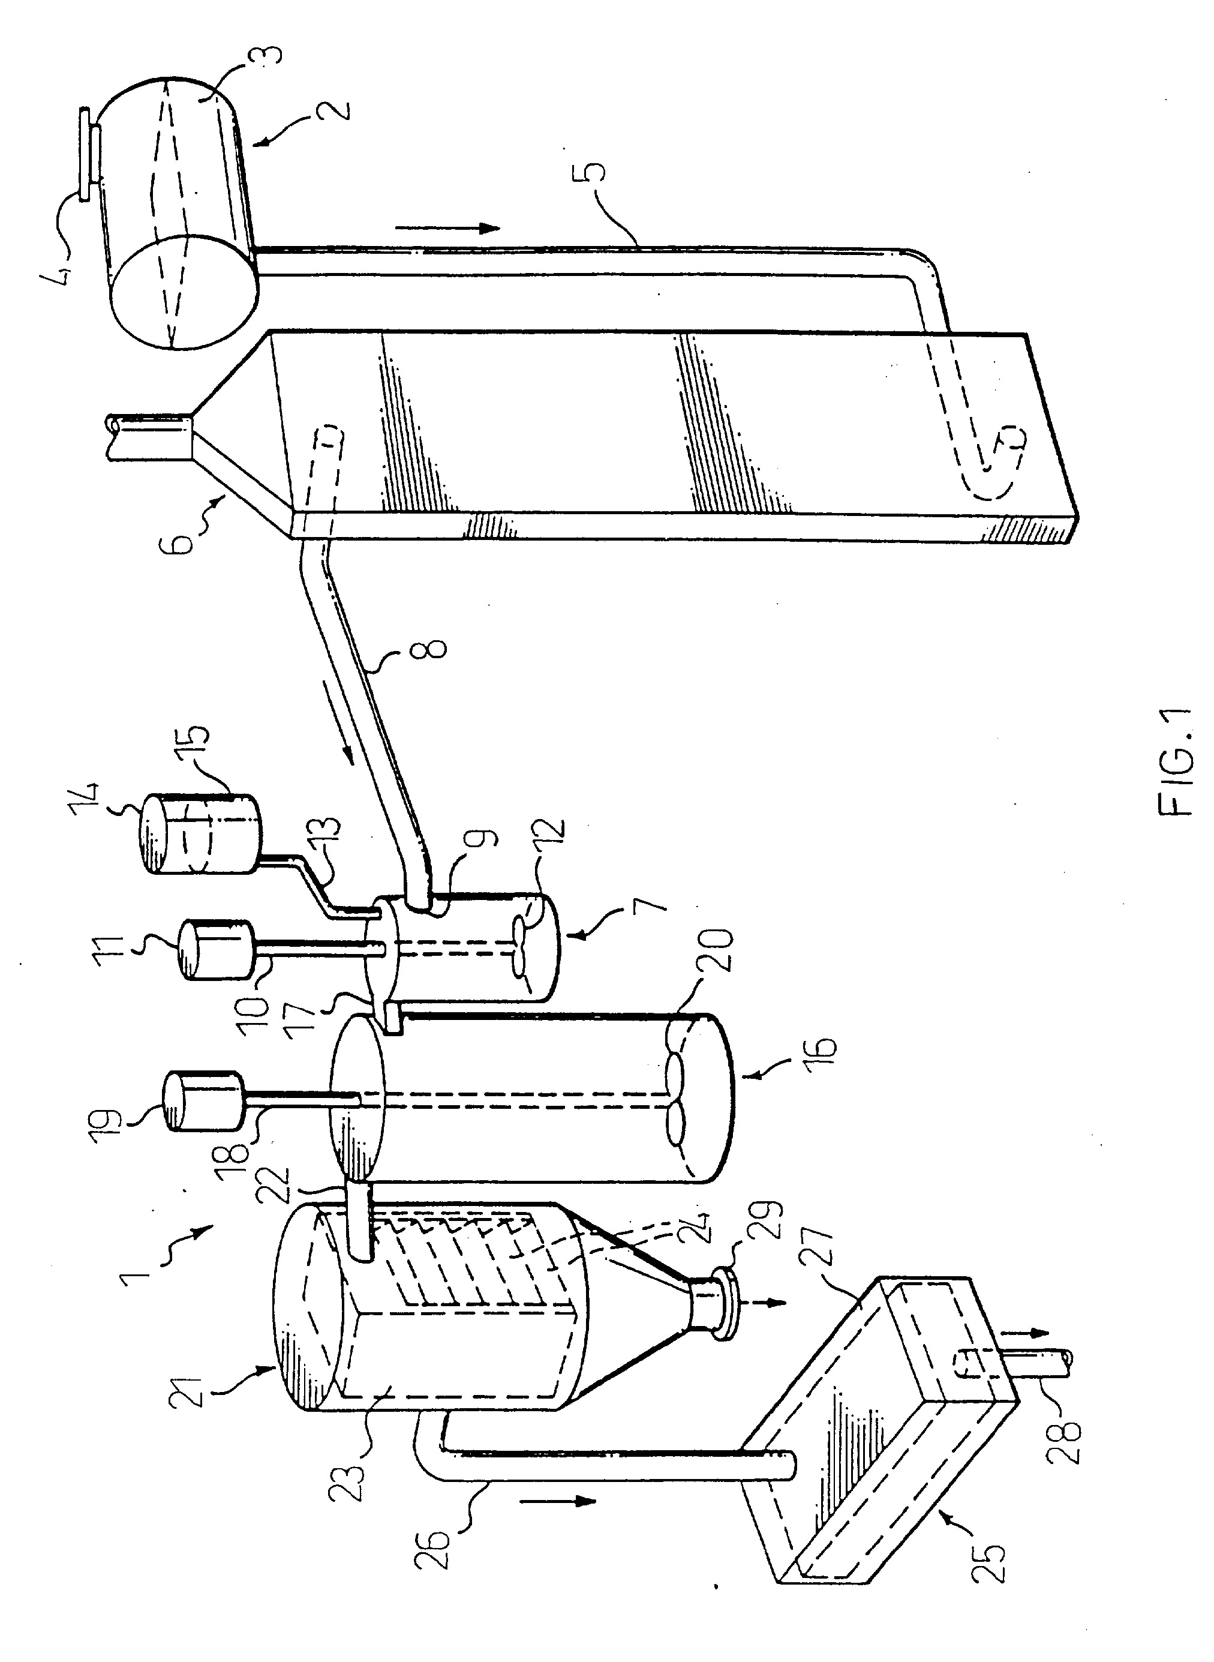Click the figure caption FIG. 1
pyautogui.click(x=1174, y=763)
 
